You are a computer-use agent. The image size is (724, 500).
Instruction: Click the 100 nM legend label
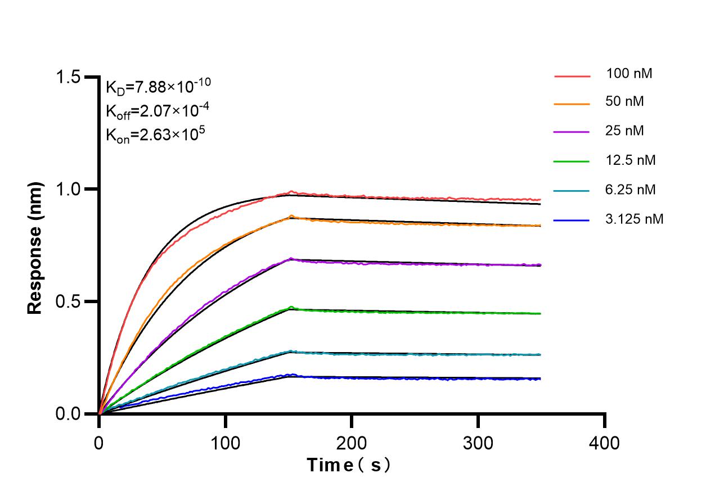click(629, 73)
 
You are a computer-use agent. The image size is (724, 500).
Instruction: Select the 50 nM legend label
click(625, 102)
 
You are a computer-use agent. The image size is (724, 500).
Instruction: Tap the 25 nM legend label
click(625, 131)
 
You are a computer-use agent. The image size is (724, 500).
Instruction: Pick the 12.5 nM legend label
click(631, 160)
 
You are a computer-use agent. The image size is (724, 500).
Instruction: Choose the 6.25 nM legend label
click(631, 190)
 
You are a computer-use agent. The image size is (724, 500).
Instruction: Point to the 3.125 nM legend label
click(635, 219)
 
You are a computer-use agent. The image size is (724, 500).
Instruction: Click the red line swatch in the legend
click(572, 75)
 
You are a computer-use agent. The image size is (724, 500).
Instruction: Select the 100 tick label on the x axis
click(225, 443)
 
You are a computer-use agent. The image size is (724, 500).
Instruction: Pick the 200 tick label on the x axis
click(352, 443)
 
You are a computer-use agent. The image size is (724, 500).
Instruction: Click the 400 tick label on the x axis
click(604, 443)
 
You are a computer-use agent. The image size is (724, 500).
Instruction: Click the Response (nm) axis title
click(35, 247)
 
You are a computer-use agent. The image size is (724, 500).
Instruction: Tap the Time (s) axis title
click(349, 466)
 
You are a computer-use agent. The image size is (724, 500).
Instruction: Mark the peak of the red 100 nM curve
click(291, 192)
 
